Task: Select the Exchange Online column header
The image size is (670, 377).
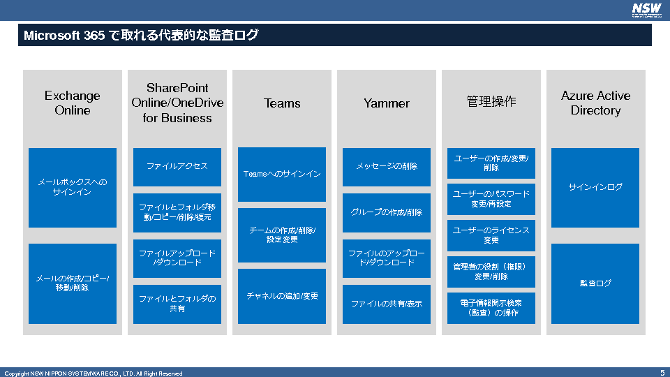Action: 73,103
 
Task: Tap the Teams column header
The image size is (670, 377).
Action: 282,103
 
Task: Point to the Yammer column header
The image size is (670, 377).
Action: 387,103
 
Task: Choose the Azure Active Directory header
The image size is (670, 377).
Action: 595,103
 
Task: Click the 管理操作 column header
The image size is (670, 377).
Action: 491,102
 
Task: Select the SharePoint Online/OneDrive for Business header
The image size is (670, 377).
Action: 177,103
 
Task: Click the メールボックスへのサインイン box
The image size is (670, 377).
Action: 73,187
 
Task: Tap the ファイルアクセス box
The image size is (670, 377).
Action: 177,167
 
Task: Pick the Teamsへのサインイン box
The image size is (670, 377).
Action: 282,174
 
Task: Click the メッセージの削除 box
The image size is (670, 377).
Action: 387,167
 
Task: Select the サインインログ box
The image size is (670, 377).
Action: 595,187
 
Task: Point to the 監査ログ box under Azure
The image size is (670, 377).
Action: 595,283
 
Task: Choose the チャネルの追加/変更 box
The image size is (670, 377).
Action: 282,296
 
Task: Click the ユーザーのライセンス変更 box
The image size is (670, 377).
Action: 491,235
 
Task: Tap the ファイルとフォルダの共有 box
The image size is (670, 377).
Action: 177,304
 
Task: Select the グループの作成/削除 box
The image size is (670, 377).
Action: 387,212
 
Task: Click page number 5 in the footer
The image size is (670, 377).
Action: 662,373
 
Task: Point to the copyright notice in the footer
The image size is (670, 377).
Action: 94,374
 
